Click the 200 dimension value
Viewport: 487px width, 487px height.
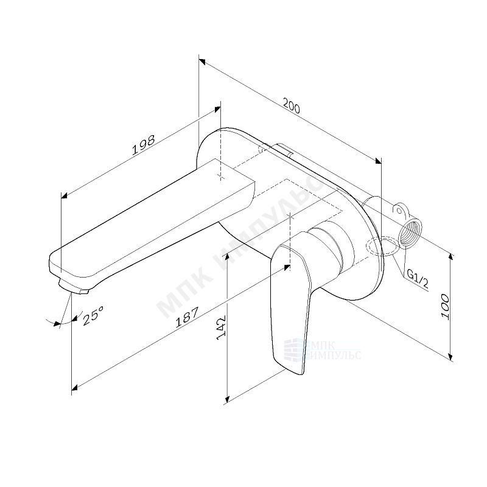[x=292, y=105]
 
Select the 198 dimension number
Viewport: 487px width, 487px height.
[x=143, y=145]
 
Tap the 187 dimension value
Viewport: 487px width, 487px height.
[x=187, y=317]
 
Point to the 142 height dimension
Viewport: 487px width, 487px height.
[x=221, y=328]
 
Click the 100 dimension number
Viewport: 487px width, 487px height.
[x=445, y=307]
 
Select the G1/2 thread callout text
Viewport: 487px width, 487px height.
[x=418, y=279]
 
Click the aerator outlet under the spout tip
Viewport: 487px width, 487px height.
[x=74, y=286]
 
